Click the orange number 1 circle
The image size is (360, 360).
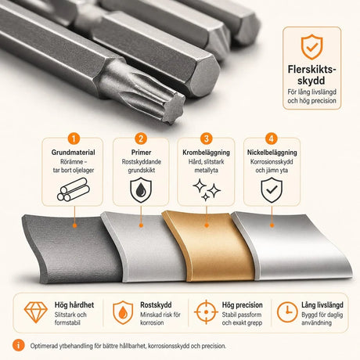(74, 139)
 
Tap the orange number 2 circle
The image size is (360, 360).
(141, 139)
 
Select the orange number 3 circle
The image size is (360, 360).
(207, 139)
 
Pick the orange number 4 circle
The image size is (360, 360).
(272, 139)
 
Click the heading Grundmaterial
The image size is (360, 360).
(73, 153)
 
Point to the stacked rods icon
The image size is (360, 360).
(74, 189)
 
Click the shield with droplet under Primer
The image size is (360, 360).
(141, 190)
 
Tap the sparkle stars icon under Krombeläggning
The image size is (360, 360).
(207, 189)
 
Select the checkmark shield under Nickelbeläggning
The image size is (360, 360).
(272, 190)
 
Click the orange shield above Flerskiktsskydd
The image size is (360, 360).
(312, 47)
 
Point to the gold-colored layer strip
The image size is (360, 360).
(209, 246)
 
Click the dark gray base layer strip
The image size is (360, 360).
(72, 249)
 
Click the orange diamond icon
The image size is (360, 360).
(36, 312)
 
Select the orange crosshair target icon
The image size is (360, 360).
(206, 312)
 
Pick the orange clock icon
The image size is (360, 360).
(287, 312)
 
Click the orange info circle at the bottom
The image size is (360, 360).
(18, 346)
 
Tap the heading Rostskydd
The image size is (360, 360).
(156, 305)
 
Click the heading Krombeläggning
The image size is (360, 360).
(206, 153)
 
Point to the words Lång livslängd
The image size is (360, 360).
(322, 305)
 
